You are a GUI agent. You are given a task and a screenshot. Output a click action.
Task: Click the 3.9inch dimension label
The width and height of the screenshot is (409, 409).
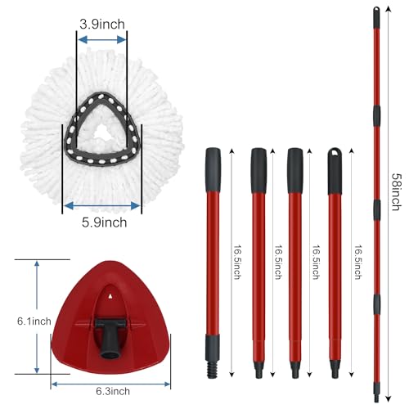pyautogui.click(x=102, y=24)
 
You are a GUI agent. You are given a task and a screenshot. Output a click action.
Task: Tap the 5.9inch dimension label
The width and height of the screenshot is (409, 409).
pyautogui.click(x=101, y=222)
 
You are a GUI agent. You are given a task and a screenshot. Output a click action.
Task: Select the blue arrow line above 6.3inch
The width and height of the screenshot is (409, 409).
pyautogui.click(x=110, y=384)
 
